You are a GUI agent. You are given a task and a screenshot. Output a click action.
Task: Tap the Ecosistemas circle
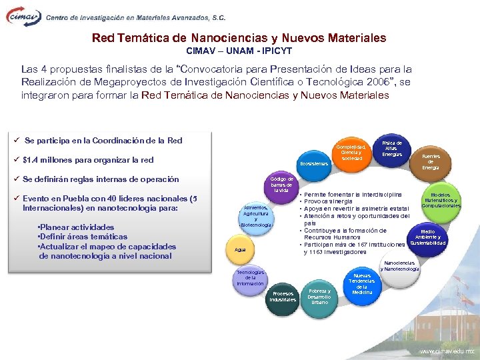coord(313,163)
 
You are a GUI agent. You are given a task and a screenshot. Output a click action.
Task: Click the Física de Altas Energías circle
coord(392,149)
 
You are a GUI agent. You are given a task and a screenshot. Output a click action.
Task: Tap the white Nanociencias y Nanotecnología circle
coord(402,267)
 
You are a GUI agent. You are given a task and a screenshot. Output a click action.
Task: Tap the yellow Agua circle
coord(240,249)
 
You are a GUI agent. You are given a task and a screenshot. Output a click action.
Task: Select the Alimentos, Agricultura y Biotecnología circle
coord(256,216)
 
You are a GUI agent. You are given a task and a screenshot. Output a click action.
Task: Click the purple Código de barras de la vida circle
coord(283,185)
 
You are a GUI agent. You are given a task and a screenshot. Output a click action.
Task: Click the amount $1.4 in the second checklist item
coord(31,160)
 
